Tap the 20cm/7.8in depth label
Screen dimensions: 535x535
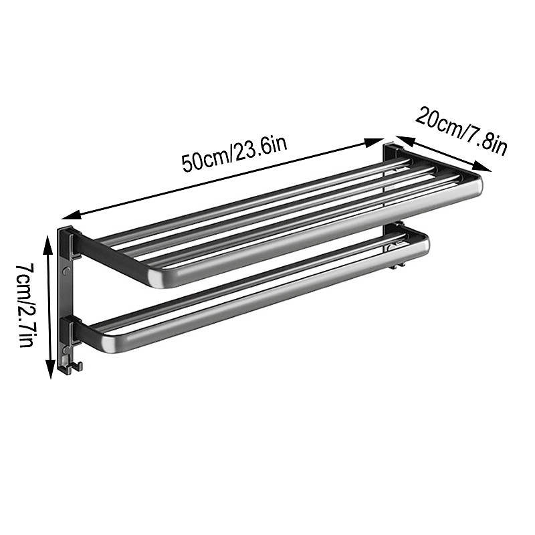tap(462, 130)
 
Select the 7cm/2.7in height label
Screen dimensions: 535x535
tap(25, 304)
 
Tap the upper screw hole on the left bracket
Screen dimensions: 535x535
tap(66, 271)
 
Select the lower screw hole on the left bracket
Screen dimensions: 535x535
tap(66, 348)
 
